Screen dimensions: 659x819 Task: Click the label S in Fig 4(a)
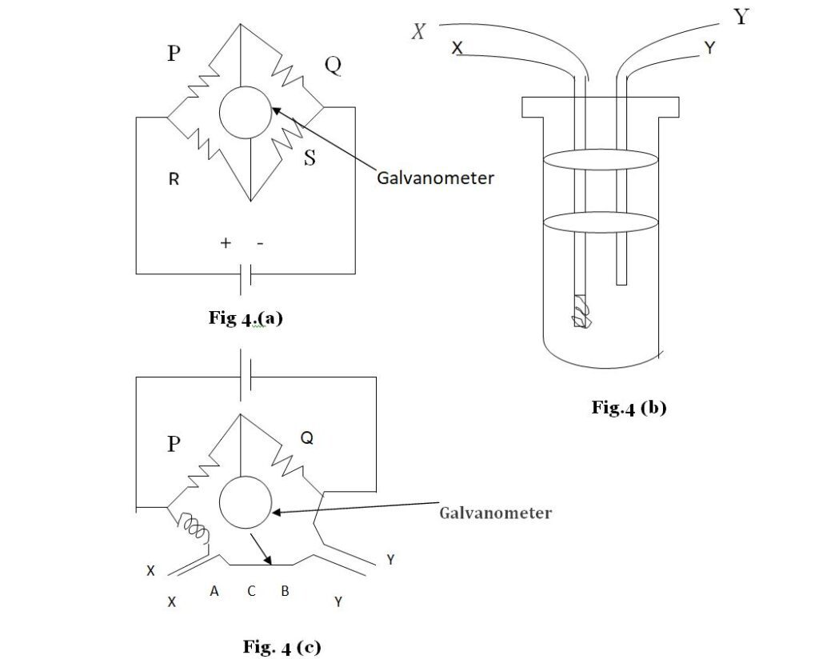click(310, 158)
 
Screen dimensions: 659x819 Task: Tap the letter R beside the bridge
click(174, 180)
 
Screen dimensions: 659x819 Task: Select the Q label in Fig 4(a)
click(333, 66)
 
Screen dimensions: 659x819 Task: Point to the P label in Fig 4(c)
click(174, 444)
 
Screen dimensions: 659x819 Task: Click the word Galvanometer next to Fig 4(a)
click(435, 178)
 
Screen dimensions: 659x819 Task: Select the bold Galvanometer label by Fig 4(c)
click(495, 513)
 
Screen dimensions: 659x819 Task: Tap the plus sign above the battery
click(226, 244)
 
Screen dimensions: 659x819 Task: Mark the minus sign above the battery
click(260, 244)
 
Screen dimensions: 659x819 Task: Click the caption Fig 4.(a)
click(246, 318)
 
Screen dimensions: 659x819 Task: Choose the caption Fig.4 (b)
click(629, 407)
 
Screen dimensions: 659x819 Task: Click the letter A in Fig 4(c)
click(214, 592)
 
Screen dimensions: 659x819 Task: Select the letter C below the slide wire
click(251, 592)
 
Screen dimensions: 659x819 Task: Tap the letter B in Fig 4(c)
click(284, 592)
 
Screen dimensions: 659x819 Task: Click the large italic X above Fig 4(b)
click(418, 32)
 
